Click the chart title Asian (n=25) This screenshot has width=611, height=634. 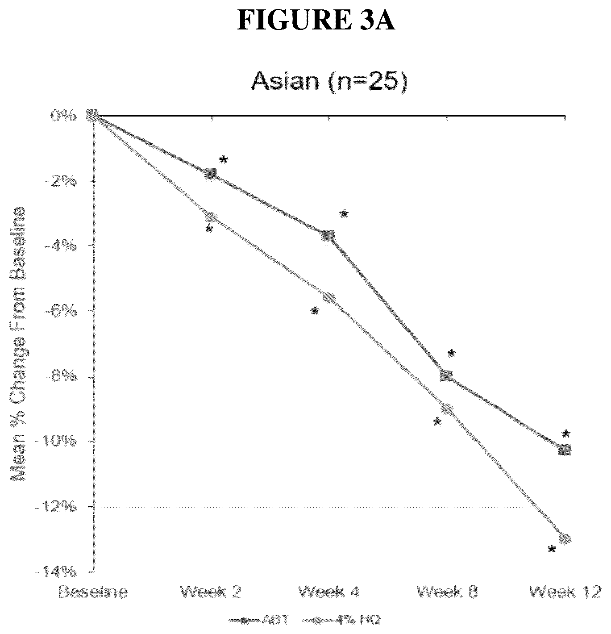pyautogui.click(x=329, y=82)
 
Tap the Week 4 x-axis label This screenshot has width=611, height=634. pyautogui.click(x=328, y=592)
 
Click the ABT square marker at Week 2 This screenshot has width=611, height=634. pyautogui.click(x=210, y=174)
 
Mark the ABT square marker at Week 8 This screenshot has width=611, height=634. pyautogui.click(x=446, y=375)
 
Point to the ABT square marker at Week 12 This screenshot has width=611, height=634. pyautogui.click(x=565, y=450)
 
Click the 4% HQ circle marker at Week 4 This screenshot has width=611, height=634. pyautogui.click(x=329, y=298)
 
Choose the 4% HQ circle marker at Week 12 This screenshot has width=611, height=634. pyautogui.click(x=565, y=539)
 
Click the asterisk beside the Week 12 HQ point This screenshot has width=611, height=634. pyautogui.click(x=552, y=549)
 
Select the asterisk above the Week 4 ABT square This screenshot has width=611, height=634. pyautogui.click(x=343, y=214)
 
